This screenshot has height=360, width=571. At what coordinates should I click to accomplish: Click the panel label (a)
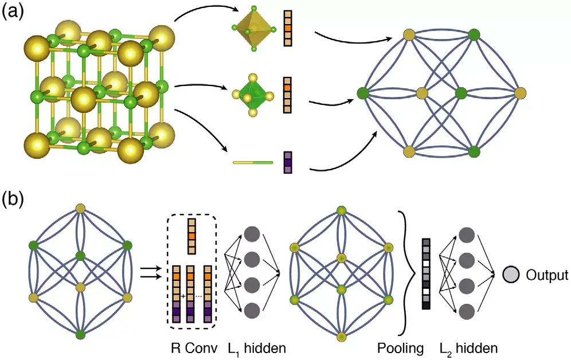[13, 13]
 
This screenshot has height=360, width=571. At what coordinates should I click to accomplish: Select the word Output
[546, 275]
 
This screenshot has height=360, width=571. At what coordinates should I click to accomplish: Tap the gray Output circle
[511, 275]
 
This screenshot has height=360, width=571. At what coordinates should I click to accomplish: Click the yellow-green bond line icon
[252, 163]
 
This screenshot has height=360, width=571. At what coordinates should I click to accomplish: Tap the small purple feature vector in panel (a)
[288, 163]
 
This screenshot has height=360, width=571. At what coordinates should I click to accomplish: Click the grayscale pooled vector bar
[426, 273]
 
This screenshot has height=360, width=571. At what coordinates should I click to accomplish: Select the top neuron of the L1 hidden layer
[252, 234]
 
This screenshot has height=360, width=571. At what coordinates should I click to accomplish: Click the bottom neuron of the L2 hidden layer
[467, 312]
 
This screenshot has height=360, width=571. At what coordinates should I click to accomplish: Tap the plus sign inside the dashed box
[183, 296]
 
